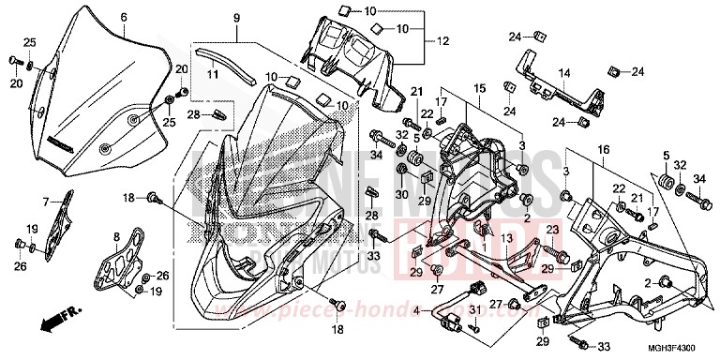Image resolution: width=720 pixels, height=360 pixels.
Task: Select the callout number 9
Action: pyautogui.click(x=236, y=19)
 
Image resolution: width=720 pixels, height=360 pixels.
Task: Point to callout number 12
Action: pyautogui.click(x=443, y=41)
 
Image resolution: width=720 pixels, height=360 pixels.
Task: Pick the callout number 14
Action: pyautogui.click(x=564, y=72)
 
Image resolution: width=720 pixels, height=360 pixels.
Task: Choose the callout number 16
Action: pyautogui.click(x=602, y=148)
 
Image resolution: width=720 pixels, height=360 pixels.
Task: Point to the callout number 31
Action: pyautogui.click(x=474, y=311)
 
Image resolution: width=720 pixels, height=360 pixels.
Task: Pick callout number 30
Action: pyautogui.click(x=401, y=194)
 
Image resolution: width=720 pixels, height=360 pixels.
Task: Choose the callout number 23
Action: pyautogui.click(x=551, y=230)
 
